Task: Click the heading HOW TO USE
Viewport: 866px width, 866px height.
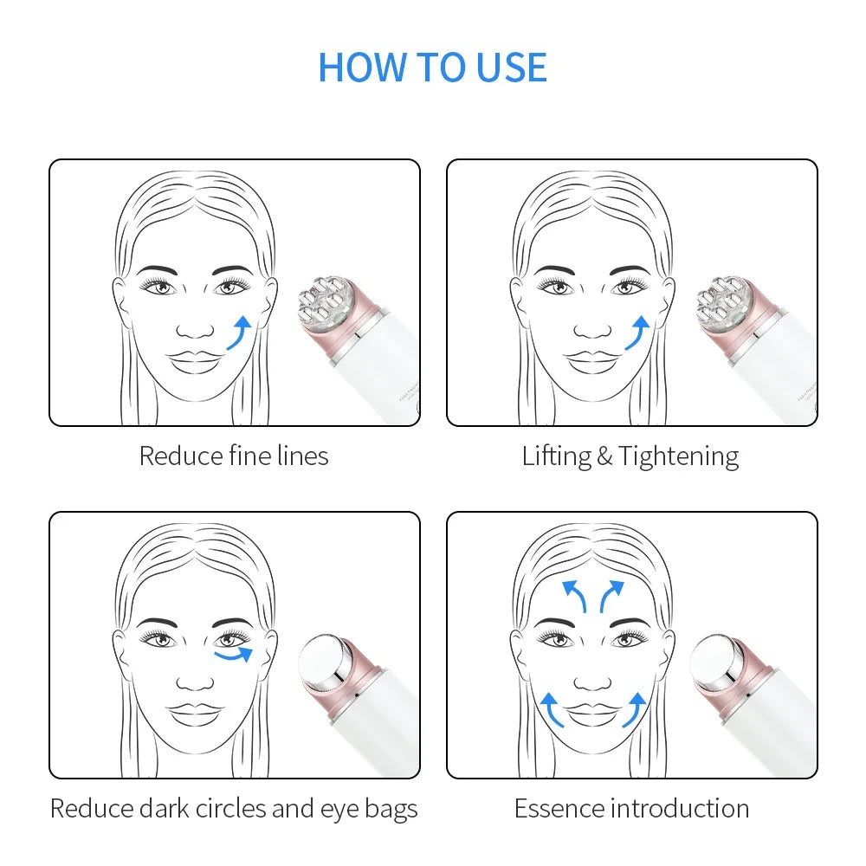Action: tap(432, 68)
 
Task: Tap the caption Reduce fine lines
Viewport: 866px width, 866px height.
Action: tap(234, 456)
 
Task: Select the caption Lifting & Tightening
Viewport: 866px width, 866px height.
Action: tap(630, 456)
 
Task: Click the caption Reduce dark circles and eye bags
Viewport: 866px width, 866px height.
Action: tap(234, 809)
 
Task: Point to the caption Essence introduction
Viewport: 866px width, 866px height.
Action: tap(631, 809)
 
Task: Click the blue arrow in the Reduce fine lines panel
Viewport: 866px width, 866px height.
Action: tap(240, 333)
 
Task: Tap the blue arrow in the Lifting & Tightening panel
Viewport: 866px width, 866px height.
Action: tap(637, 333)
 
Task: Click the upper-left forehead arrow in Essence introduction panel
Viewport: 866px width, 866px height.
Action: tap(573, 596)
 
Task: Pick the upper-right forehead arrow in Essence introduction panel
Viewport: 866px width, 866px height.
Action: tap(611, 596)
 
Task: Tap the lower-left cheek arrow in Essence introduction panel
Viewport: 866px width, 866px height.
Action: tap(552, 709)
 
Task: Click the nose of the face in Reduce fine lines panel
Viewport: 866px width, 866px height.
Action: tap(196, 330)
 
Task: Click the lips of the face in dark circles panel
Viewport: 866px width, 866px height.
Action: tap(196, 714)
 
